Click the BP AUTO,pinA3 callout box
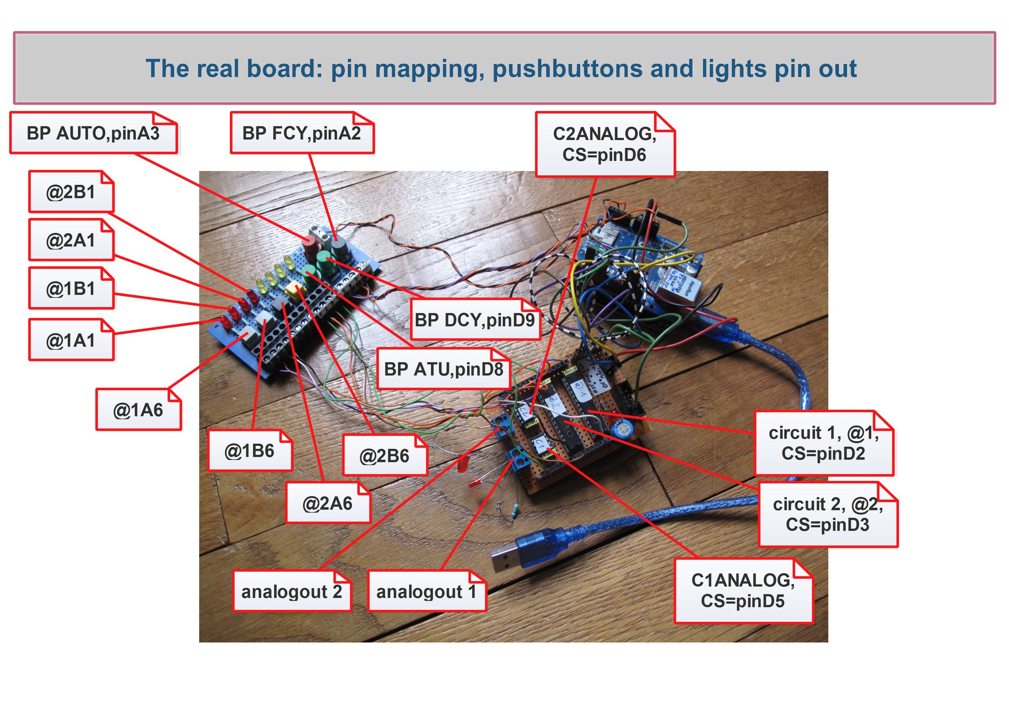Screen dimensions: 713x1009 click(x=93, y=133)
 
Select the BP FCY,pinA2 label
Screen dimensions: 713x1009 click(x=301, y=133)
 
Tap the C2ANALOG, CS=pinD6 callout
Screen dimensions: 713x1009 click(x=604, y=145)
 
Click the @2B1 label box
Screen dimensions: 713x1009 click(x=71, y=192)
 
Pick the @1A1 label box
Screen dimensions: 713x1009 click(x=71, y=340)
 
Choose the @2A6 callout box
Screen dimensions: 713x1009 click(x=328, y=503)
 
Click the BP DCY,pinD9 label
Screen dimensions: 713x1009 click(x=475, y=319)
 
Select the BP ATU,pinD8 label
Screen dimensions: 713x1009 click(x=443, y=369)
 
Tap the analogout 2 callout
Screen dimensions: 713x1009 click(x=291, y=591)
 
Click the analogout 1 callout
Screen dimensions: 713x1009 click(x=426, y=591)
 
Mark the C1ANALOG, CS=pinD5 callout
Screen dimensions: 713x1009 click(x=743, y=590)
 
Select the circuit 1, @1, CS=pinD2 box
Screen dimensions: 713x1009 click(x=823, y=443)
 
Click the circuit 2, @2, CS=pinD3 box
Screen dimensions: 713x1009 click(x=827, y=514)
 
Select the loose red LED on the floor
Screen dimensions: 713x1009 click(x=462, y=463)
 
